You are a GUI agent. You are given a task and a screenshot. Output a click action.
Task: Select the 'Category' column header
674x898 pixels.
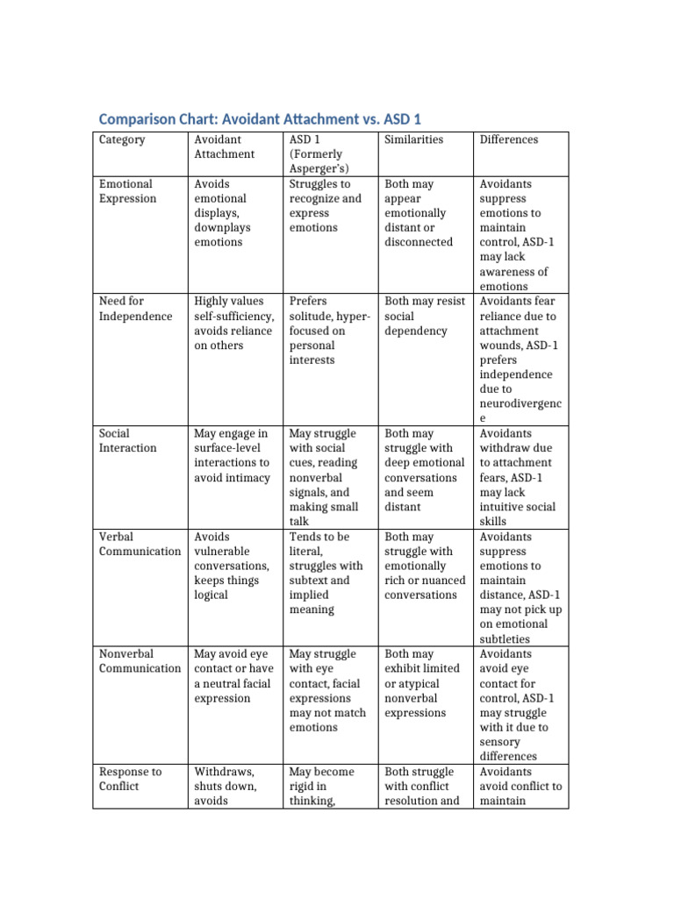coord(122,139)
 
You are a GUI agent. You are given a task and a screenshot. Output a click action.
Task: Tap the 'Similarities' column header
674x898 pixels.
coord(413,139)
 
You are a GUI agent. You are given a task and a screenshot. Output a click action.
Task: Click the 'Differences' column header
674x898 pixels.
coord(508,139)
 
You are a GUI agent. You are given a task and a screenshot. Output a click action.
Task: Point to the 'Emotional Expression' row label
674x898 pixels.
coord(127,191)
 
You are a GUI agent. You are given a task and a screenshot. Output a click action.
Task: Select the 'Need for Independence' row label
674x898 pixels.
coord(135,309)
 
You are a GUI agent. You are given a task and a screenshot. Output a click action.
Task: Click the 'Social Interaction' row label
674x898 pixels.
coord(127,440)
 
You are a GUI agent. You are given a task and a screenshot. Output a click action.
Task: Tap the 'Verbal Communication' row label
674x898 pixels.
coord(140,544)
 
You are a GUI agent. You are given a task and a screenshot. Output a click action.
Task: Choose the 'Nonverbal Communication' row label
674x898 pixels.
coord(140,661)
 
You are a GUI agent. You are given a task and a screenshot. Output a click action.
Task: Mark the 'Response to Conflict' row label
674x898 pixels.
coord(130,779)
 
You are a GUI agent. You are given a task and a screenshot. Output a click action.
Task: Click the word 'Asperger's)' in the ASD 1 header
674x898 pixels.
coord(319,168)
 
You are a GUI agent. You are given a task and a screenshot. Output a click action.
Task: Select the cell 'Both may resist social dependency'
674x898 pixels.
coord(424,316)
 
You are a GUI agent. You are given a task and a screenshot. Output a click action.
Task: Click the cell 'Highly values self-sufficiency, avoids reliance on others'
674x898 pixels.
coord(233,323)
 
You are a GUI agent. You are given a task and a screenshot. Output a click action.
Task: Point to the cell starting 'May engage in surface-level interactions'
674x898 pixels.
coord(232,455)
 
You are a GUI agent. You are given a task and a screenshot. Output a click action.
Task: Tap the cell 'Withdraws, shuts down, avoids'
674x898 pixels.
coord(225,786)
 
